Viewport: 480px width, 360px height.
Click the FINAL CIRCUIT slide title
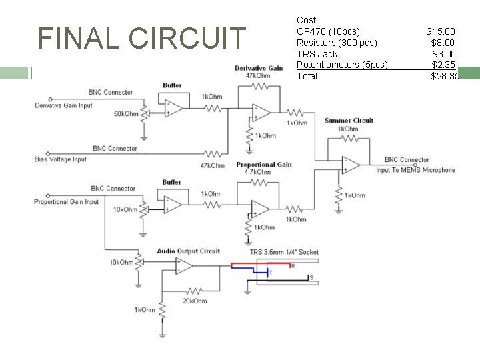coord(142,38)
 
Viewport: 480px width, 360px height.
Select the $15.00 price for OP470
coord(441,31)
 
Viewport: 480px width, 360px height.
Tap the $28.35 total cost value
coord(445,77)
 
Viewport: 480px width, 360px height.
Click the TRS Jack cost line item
coord(317,54)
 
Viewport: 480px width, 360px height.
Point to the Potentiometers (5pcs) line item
coord(342,65)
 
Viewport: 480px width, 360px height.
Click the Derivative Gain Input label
coord(63,105)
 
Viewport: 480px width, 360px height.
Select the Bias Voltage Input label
coord(61,159)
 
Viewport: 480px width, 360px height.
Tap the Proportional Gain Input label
coord(66,202)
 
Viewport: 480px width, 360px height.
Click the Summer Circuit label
coord(349,121)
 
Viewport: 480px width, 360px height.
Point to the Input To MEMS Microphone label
coord(415,170)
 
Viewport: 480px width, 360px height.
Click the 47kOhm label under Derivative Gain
coord(257,76)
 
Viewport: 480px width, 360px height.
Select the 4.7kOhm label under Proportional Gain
coord(257,172)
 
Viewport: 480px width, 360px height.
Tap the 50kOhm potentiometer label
coord(126,114)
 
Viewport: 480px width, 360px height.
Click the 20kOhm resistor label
coord(195,301)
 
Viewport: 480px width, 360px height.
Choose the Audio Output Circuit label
coord(188,251)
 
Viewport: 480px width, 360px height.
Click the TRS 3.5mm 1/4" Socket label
coord(284,252)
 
